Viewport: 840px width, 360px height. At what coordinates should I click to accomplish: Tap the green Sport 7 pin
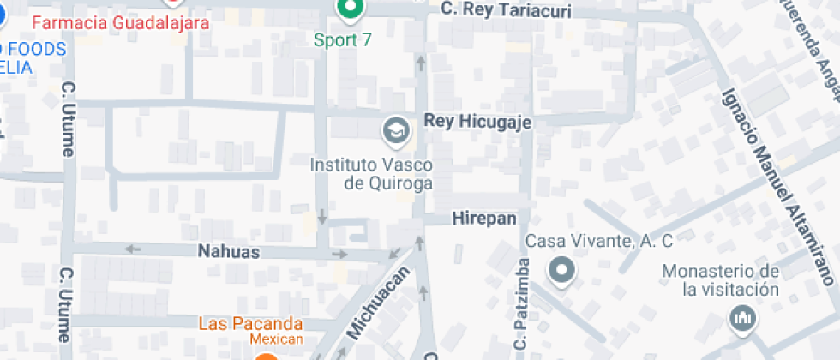tap(350, 9)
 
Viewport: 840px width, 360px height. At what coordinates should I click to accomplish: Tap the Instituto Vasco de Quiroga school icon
tap(396, 130)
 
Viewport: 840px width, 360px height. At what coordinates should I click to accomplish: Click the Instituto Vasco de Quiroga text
tap(371, 173)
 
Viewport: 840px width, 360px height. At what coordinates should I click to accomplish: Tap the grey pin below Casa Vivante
tap(562, 271)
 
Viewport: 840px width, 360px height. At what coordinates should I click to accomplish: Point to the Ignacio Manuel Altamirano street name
tap(777, 185)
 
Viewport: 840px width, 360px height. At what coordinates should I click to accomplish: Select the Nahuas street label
tap(228, 252)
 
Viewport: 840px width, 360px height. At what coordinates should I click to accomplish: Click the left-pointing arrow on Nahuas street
tap(133, 249)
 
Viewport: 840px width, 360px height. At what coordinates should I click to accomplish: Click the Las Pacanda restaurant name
tap(250, 324)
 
